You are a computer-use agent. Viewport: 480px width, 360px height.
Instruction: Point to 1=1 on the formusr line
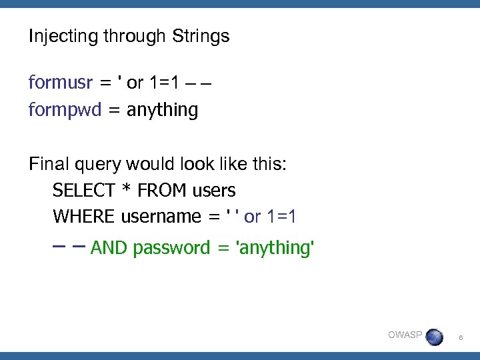(163, 83)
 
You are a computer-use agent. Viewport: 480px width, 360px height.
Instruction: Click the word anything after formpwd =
(162, 110)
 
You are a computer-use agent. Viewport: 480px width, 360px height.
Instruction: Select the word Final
(47, 164)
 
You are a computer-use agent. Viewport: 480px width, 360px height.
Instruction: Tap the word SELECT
(83, 191)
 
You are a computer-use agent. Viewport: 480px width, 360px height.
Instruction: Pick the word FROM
(162, 191)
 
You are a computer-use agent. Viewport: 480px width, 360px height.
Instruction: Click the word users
(214, 191)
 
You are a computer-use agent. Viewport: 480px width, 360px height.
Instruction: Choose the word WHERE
(84, 217)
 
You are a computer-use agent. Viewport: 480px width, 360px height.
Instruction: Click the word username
(161, 217)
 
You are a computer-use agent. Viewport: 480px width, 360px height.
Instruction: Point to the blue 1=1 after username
(281, 217)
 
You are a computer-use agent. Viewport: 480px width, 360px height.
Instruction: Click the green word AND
(109, 248)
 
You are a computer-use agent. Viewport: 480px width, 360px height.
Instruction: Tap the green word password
(171, 249)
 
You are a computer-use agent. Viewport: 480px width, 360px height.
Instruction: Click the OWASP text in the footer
(405, 335)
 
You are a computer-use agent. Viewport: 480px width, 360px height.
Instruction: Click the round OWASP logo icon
(433, 337)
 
